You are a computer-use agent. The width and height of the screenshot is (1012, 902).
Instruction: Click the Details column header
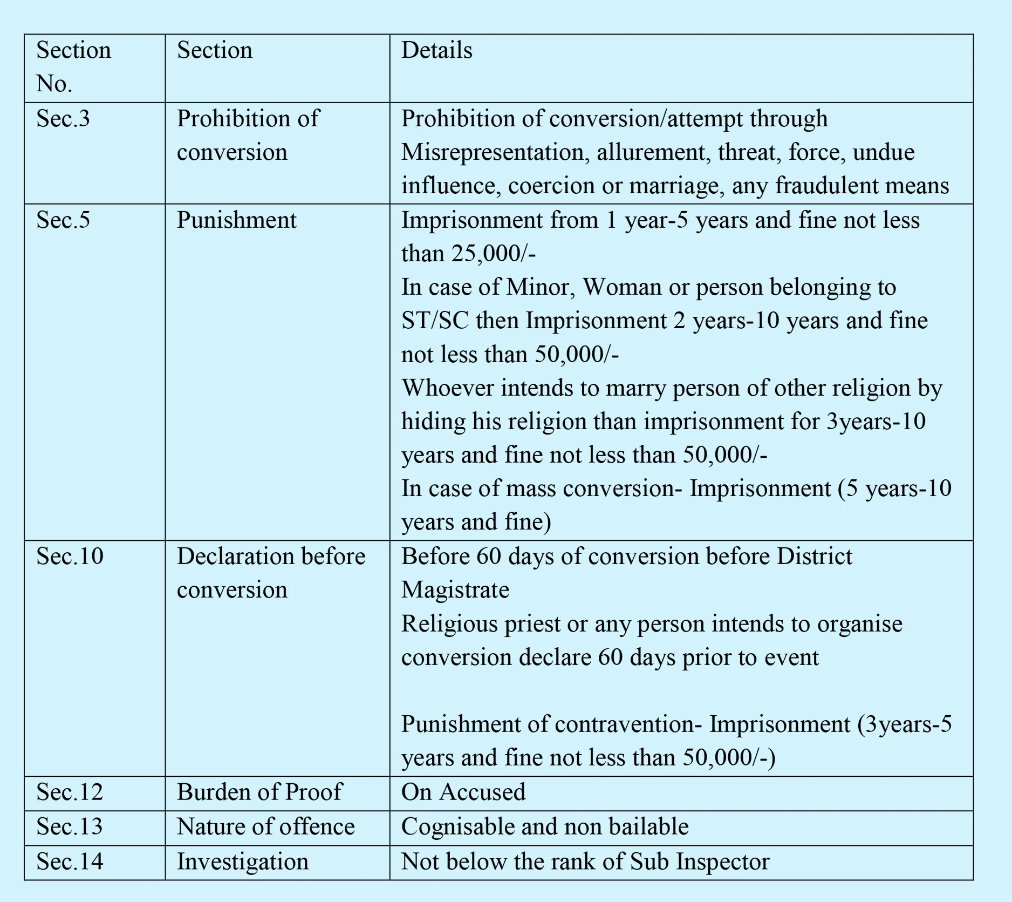pyautogui.click(x=436, y=51)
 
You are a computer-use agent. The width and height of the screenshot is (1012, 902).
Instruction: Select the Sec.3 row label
pyautogui.click(x=63, y=119)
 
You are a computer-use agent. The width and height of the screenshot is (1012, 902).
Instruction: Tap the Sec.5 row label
pyautogui.click(x=63, y=220)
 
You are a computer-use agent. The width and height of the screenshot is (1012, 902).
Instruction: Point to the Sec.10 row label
pyautogui.click(x=70, y=557)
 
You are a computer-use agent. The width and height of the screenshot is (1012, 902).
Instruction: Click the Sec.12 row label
pyautogui.click(x=70, y=792)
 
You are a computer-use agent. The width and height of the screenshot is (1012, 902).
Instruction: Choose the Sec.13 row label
pyautogui.click(x=70, y=827)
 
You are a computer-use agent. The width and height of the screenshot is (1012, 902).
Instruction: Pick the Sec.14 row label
pyautogui.click(x=70, y=862)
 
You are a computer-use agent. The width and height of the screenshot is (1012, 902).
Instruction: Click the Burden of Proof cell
pyautogui.click(x=259, y=792)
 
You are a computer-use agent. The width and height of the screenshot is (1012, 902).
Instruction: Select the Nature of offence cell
pyautogui.click(x=265, y=827)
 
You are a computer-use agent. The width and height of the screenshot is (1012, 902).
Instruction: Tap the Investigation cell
pyautogui.click(x=243, y=862)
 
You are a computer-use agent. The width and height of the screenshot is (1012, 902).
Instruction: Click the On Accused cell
pyautogui.click(x=463, y=792)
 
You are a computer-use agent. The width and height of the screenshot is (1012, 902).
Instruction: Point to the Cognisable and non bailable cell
pyautogui.click(x=545, y=827)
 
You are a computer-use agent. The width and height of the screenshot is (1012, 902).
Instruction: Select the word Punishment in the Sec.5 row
pyautogui.click(x=236, y=220)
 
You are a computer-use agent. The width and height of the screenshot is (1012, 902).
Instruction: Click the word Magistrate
pyautogui.click(x=455, y=590)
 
